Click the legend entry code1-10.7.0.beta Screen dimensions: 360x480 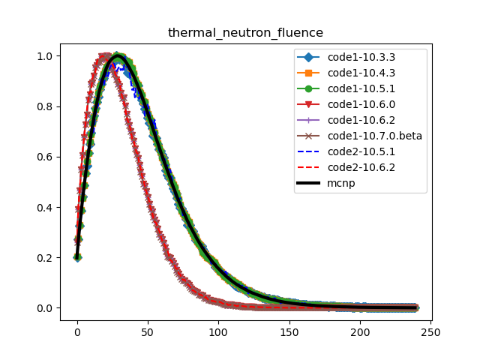click(x=374, y=136)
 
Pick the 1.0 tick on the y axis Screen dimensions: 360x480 click(x=46, y=56)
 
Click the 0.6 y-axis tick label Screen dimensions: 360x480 click(x=46, y=157)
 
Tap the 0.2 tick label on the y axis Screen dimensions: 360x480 click(x=46, y=257)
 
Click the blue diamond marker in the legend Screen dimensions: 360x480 click(x=310, y=58)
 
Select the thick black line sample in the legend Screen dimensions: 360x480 click(x=310, y=183)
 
